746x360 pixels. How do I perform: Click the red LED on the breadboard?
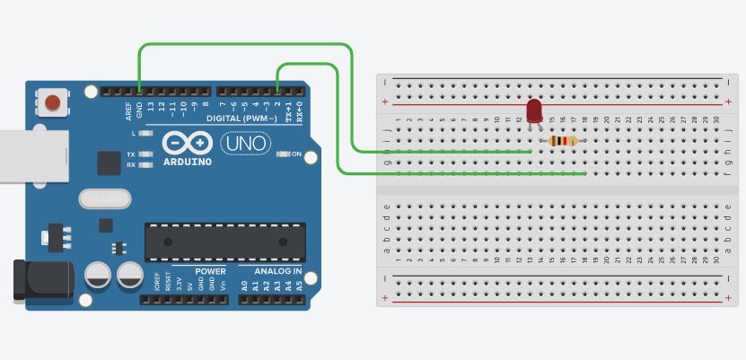tap(534, 110)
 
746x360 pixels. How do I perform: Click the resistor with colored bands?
tap(563, 140)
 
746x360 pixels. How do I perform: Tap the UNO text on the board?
tap(245, 143)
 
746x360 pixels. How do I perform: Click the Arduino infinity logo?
tap(188, 144)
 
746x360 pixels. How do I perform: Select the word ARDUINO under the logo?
tap(188, 162)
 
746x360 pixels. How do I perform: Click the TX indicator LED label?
tap(131, 154)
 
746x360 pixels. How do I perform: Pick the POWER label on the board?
tap(211, 270)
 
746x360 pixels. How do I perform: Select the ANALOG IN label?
tap(278, 270)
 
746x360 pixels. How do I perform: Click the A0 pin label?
tap(244, 285)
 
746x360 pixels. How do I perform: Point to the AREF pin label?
tap(128, 110)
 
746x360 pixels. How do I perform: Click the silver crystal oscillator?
tap(104, 198)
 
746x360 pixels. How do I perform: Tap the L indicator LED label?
tap(133, 133)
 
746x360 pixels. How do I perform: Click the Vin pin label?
tap(222, 285)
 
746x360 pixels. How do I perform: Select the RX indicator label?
tap(131, 165)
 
